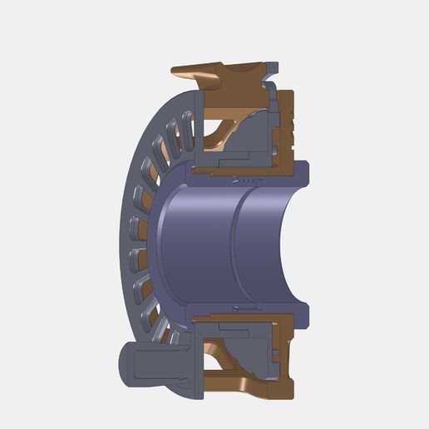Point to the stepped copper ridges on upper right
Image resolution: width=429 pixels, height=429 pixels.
291,121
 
